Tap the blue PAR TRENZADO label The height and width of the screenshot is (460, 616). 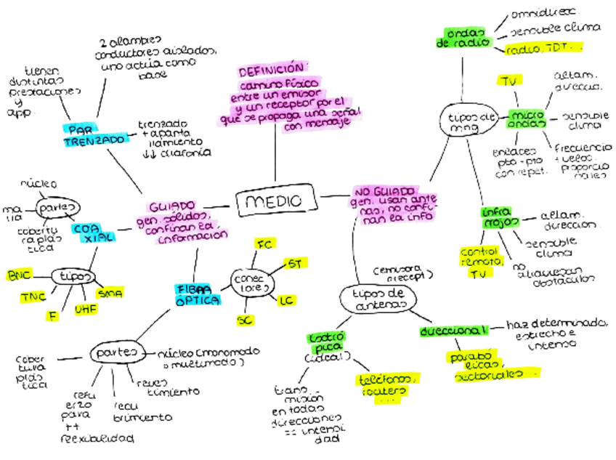tap(94, 134)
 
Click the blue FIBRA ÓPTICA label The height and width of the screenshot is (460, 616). tap(196, 294)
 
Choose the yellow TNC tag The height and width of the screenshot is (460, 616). tap(33, 296)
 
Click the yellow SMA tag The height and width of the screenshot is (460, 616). tap(110, 292)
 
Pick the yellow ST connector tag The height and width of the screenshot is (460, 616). tap(294, 263)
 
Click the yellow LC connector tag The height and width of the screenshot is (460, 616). tap(287, 299)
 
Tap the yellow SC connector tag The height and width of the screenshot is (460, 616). tap(246, 320)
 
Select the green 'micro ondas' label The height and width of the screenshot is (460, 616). tap(527, 119)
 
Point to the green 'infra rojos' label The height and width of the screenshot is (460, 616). tap(500, 217)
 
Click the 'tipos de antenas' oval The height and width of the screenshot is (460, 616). tap(377, 299)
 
